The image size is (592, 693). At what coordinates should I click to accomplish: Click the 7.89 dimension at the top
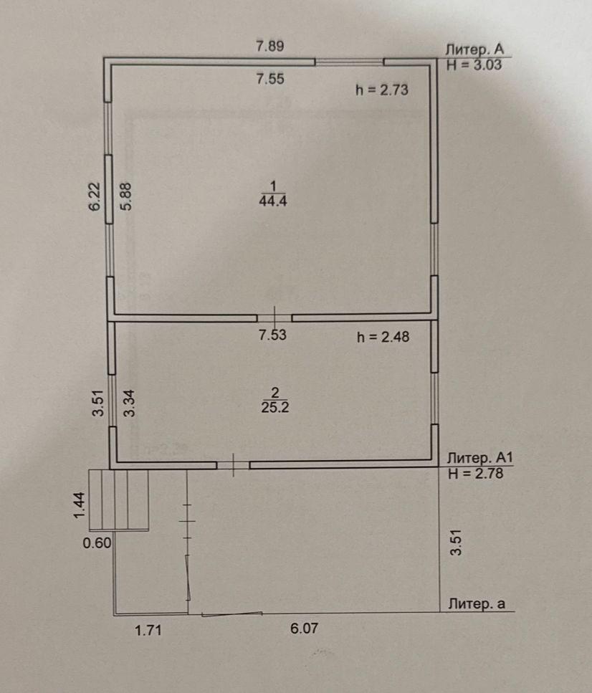(270, 46)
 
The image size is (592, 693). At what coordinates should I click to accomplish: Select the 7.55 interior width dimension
(270, 79)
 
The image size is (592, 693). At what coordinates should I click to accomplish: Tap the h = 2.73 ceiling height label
(382, 90)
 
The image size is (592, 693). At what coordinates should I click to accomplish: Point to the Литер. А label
(474, 49)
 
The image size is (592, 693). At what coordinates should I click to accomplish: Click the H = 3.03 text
(474, 65)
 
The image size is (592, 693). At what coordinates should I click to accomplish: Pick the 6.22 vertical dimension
(95, 196)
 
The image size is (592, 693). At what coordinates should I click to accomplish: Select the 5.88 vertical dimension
(126, 196)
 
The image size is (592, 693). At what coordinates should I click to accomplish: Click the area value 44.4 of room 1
(273, 201)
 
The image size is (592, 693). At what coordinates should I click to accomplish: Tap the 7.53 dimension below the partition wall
(273, 335)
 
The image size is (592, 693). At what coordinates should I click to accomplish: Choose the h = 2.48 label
(383, 338)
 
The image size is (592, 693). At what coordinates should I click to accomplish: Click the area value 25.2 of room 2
(275, 407)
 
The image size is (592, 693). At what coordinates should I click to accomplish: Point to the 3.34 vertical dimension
(129, 403)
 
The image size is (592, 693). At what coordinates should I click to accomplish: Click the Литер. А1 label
(479, 457)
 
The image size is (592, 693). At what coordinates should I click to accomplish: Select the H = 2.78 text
(476, 474)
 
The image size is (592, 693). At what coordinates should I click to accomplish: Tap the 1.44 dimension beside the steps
(79, 505)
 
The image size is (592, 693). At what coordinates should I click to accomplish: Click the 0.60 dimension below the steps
(97, 543)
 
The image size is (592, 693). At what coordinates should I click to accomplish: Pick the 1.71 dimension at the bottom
(148, 630)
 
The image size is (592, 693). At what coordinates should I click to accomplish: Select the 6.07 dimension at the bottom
(304, 629)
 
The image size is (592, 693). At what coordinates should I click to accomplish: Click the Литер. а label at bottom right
(477, 603)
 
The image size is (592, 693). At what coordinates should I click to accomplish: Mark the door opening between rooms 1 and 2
(274, 318)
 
